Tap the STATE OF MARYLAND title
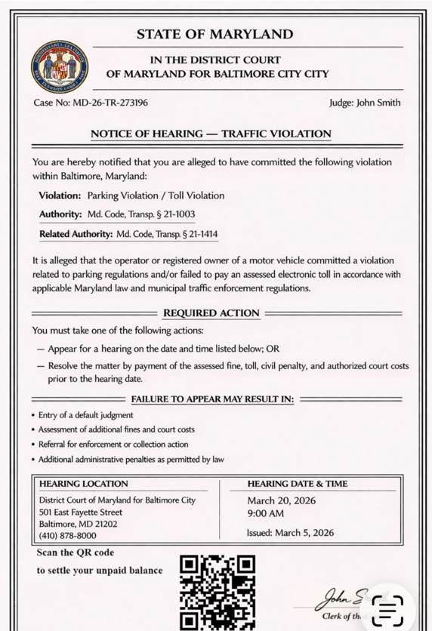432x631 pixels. point(215,34)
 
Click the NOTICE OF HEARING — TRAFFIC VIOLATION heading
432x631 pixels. point(211,134)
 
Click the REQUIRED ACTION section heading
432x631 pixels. point(211,312)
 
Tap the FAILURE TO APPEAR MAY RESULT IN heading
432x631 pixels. point(212,399)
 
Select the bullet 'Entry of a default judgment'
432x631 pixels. point(85,415)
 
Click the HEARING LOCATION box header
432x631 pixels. point(84,484)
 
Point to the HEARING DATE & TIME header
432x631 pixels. point(298,484)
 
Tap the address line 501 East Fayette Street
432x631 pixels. point(80,512)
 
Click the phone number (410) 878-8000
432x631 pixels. point(67,536)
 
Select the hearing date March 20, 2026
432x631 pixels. point(281,500)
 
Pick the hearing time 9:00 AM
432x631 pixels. point(266,514)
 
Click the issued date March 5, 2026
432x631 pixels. point(290,532)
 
